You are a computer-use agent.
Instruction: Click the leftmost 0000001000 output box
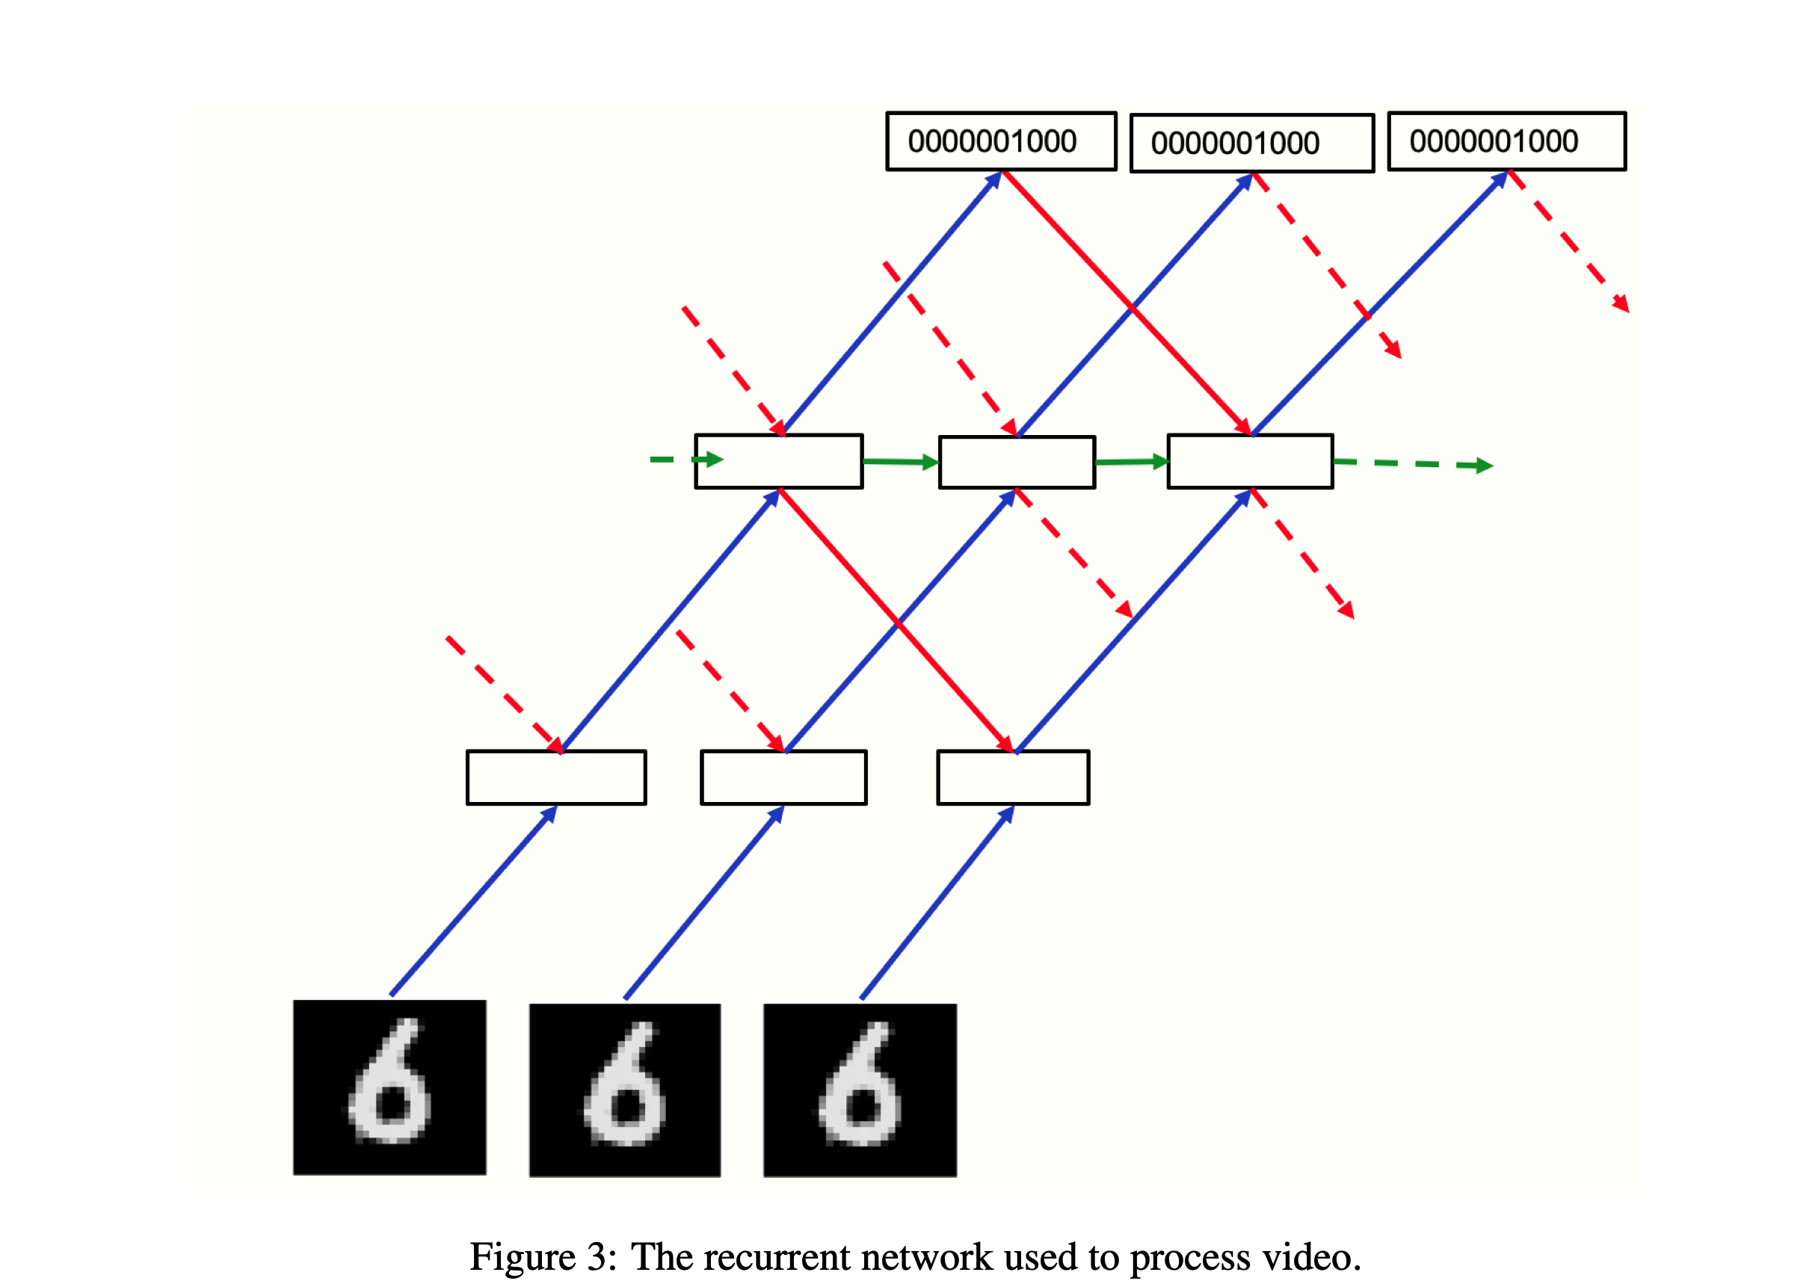coord(1001,141)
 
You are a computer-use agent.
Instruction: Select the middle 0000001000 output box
coord(1251,143)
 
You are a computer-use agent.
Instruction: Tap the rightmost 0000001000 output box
coord(1506,141)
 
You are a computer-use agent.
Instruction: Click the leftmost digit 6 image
coord(389,1087)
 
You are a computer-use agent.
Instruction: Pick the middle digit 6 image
coord(624,1090)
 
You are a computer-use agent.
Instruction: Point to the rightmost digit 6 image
coord(860,1090)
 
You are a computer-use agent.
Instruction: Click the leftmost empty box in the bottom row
coord(556,777)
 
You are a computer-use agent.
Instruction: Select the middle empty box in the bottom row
coord(783,777)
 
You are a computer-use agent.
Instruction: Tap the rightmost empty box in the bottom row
coord(1013,777)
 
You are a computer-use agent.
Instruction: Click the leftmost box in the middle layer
coord(778,461)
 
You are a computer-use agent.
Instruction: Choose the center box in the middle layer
coord(1017,462)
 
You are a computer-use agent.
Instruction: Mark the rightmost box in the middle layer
coord(1250,461)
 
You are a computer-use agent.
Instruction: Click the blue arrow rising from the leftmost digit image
coord(473,902)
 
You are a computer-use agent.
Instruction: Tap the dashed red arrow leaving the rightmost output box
coord(1569,241)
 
